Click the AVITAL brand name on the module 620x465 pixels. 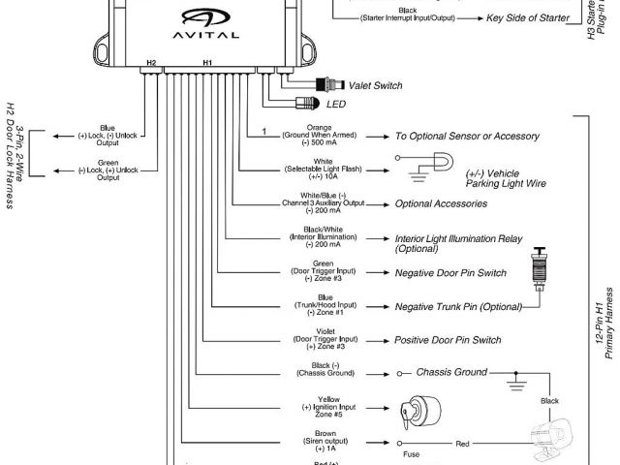click(x=206, y=33)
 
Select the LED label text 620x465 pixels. click(x=337, y=104)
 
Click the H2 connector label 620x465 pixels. click(x=150, y=63)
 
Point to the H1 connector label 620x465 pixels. click(x=207, y=63)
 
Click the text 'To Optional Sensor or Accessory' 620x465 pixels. click(x=467, y=137)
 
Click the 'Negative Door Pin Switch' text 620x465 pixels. click(x=450, y=273)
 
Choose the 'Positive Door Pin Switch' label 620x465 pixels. click(x=448, y=340)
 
